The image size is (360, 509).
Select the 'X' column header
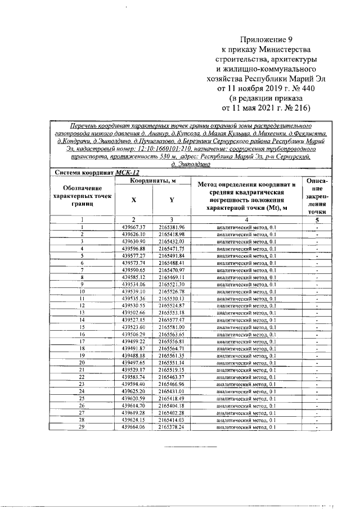(133, 200)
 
